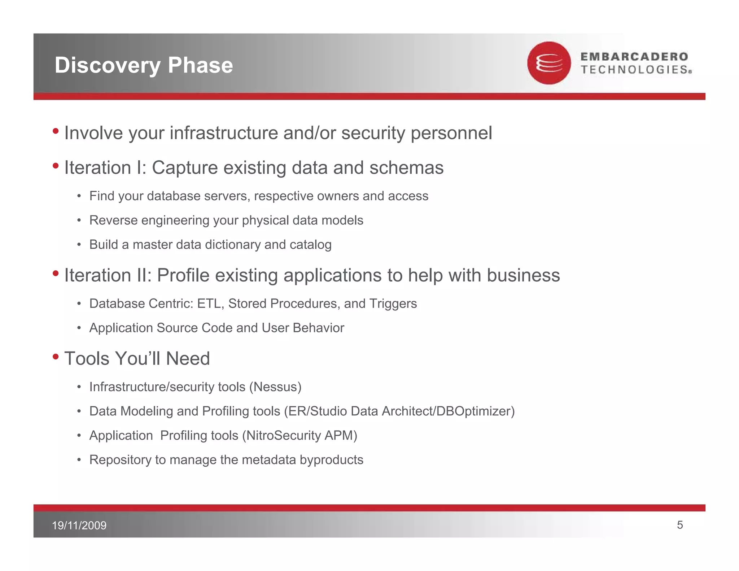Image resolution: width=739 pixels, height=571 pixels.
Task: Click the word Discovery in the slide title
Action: (x=107, y=65)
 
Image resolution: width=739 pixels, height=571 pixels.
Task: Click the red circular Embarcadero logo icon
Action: (x=549, y=63)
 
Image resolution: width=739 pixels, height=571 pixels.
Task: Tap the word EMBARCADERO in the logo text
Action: (x=634, y=57)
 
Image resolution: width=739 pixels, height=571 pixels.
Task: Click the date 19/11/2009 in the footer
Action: (x=79, y=525)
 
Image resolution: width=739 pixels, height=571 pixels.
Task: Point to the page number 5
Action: (x=680, y=525)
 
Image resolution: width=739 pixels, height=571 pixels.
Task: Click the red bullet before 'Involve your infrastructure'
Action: (x=56, y=131)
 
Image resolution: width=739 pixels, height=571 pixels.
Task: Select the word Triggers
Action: (x=393, y=304)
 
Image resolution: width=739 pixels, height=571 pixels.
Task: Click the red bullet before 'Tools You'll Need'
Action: (x=56, y=357)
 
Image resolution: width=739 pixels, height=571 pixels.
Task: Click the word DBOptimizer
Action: (x=473, y=411)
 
